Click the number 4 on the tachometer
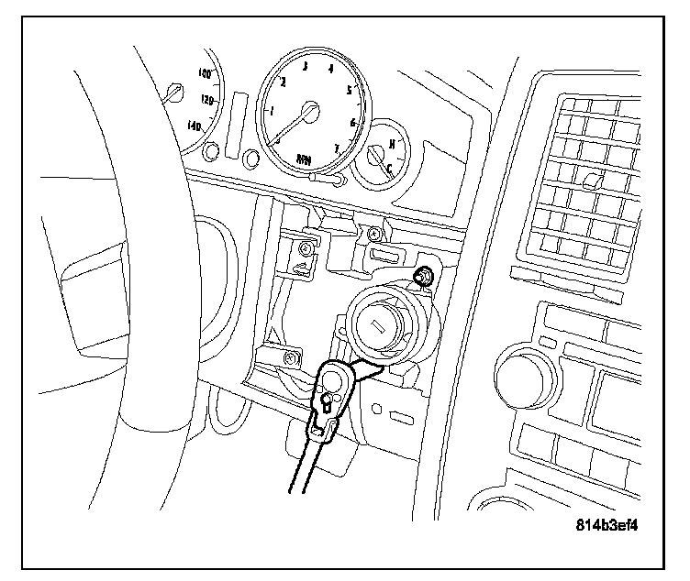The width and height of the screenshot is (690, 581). click(x=330, y=69)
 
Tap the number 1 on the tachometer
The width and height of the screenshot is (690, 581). click(x=271, y=112)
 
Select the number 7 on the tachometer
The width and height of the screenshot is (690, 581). click(x=337, y=147)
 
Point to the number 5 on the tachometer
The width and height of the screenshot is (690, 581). click(x=349, y=89)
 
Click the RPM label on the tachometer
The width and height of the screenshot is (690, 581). click(x=304, y=159)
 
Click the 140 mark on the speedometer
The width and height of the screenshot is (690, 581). click(x=195, y=126)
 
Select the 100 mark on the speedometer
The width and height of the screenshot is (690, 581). click(x=204, y=72)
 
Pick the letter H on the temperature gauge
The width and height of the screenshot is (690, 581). click(x=392, y=144)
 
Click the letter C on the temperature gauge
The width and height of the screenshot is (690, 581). click(x=389, y=167)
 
